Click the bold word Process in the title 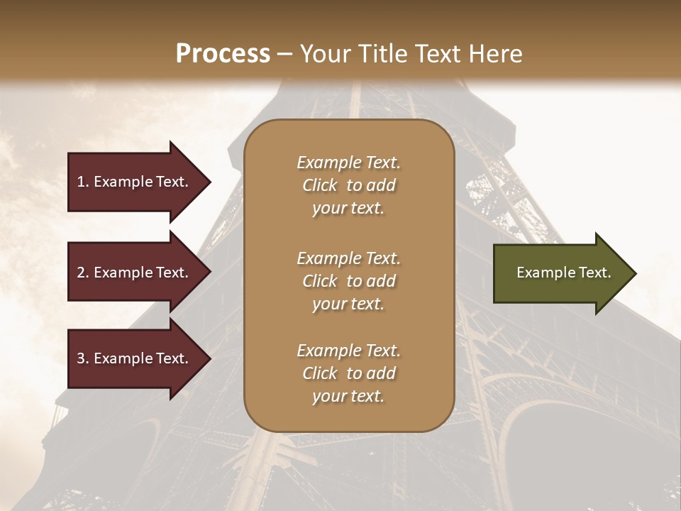point(223,54)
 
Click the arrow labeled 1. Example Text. point(135,182)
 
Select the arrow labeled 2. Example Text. point(135,273)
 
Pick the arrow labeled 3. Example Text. point(135,358)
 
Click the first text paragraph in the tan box point(348,185)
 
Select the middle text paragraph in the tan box point(348,281)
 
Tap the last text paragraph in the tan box point(348,373)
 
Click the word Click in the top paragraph point(320,185)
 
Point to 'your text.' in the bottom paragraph point(348,396)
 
